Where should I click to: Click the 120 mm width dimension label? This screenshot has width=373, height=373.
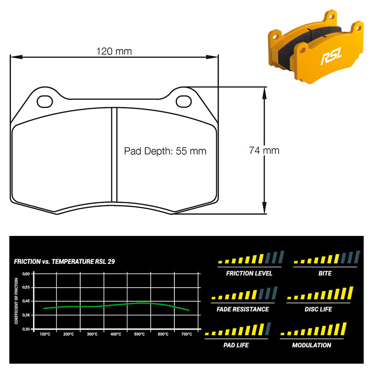(114, 51)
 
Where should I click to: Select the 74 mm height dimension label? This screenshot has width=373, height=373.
(264, 150)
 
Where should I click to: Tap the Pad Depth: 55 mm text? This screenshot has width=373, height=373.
(165, 151)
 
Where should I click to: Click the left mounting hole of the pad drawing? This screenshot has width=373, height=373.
(45, 100)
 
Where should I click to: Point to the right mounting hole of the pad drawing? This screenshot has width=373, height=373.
(184, 100)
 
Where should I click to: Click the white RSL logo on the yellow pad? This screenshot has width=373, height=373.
(330, 57)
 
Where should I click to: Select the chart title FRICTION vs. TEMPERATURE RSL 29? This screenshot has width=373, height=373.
(64, 262)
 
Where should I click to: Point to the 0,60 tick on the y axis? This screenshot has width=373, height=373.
(26, 274)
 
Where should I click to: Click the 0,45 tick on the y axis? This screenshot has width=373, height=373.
(26, 301)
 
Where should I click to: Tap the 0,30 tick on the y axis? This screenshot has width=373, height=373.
(26, 329)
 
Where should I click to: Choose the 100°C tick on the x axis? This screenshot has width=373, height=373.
(45, 334)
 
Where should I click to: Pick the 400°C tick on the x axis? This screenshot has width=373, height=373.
(116, 334)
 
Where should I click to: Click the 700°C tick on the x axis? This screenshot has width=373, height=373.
(186, 334)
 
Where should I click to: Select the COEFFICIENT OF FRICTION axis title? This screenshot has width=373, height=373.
(16, 301)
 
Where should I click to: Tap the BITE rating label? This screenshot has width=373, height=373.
(325, 273)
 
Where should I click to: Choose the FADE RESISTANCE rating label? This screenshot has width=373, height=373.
(243, 309)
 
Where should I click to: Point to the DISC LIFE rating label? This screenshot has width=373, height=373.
(318, 309)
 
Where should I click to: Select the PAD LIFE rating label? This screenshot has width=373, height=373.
(236, 345)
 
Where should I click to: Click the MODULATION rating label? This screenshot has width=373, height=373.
(311, 345)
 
